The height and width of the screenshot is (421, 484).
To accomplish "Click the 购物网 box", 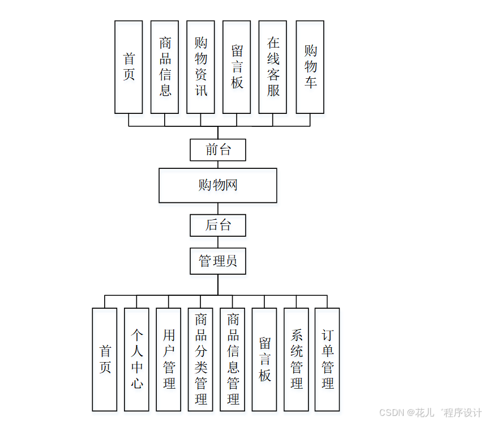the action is point(218,185).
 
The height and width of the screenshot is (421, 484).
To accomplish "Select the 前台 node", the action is point(218,150).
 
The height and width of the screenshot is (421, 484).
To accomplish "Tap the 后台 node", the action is point(218,225).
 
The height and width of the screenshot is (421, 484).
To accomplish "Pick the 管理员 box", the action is point(218,261).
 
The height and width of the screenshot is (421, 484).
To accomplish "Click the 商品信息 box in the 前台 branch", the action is point(165,67).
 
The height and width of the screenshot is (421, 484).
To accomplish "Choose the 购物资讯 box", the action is point(201,67).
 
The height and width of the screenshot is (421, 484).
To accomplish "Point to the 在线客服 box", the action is point(273,67).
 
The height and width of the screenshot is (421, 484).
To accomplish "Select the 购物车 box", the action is point(310,67).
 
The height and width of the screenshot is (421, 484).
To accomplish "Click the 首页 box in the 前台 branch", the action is point(129,67).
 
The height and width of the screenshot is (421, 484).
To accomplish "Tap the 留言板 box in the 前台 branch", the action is point(237,67).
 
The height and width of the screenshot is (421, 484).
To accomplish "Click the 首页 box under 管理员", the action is point(105,359).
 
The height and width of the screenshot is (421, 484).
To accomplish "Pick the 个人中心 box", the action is point(136,359).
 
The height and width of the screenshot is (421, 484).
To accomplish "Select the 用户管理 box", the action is point(169,359).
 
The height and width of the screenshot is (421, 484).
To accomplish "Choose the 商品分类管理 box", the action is point(200,359).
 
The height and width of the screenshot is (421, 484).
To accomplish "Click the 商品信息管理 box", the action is point(233,359).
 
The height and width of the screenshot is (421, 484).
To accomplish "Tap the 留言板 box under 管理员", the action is point(264,359).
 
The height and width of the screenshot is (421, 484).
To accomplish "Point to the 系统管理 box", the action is point(296,359).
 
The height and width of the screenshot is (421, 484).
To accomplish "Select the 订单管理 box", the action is point(327,359).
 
